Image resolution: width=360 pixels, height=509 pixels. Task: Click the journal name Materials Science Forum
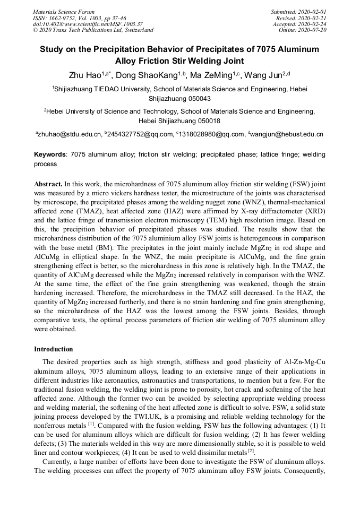pos(64,12)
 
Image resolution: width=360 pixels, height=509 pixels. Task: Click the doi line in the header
pos(88,24)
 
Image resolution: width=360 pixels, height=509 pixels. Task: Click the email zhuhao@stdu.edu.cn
pos(69,135)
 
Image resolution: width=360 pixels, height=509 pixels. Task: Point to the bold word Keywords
pos(50,154)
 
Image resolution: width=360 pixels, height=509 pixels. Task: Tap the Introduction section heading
pos(54,349)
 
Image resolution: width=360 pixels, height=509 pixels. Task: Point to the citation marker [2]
pos(252,451)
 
